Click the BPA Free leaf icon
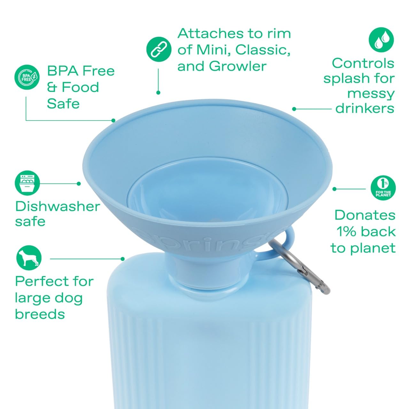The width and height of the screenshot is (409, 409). (x=27, y=77)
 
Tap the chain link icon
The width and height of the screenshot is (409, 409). (x=159, y=49)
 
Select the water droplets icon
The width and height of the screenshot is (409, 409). (x=381, y=40)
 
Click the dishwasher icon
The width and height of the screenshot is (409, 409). (x=27, y=183)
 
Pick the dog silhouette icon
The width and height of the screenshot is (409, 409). (x=29, y=258)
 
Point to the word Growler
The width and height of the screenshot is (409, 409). (x=238, y=66)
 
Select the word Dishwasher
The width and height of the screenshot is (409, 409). (x=58, y=206)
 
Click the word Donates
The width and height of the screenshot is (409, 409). (x=365, y=215)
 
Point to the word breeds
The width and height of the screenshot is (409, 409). (x=40, y=314)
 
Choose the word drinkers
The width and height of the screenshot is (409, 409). (x=365, y=108)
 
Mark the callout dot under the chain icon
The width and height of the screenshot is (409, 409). (x=158, y=93)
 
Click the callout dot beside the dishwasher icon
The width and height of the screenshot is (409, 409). (x=79, y=184)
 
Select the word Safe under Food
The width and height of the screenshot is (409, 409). (x=63, y=104)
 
